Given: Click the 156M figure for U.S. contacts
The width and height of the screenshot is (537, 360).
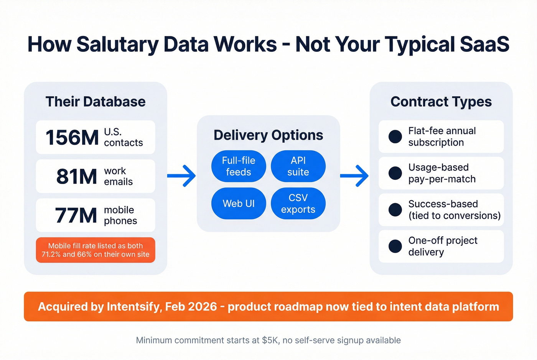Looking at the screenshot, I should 72,138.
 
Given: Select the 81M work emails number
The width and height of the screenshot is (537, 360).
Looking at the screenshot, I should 77,177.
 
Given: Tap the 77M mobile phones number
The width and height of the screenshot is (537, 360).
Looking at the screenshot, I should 76,215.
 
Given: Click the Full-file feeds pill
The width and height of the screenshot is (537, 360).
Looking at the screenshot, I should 239,166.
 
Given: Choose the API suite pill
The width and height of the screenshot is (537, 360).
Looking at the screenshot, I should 298,166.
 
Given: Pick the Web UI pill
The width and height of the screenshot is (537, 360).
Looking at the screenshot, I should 239,204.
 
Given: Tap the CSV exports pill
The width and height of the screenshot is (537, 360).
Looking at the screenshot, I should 298,204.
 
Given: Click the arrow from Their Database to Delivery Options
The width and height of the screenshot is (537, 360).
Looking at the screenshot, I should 182,176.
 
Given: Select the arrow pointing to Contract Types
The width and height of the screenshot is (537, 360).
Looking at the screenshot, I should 354,176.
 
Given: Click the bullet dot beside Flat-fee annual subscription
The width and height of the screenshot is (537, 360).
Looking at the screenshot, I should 395,136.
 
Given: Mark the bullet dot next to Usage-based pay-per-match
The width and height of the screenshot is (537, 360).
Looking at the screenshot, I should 395,173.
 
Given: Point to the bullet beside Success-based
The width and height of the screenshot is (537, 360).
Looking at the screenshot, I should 395,210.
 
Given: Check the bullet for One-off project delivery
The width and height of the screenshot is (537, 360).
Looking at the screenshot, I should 395,246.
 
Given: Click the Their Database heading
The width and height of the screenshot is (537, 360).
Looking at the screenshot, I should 96,102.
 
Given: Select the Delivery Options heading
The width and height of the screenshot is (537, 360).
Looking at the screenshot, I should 268,135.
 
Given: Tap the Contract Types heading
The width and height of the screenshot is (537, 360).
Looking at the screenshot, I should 441,102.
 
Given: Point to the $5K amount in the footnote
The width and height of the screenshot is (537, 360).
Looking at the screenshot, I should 270,340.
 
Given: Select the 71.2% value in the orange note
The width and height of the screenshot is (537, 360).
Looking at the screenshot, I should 51,254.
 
